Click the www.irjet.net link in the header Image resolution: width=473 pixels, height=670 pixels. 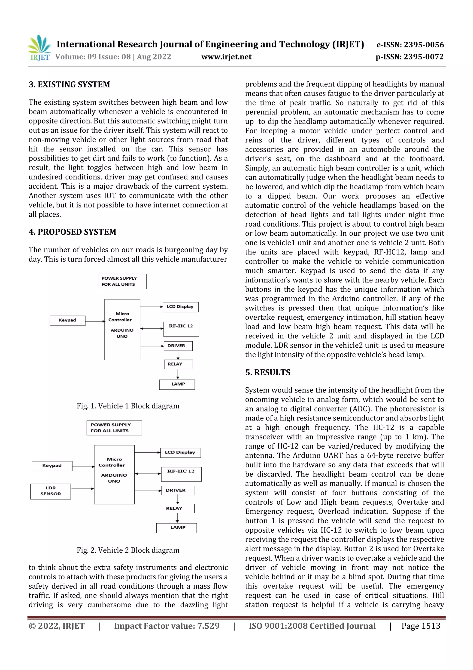click(x=226, y=57)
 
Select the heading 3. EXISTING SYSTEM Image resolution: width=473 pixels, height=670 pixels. click(x=69, y=85)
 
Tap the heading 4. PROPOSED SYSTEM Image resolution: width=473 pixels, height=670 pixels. click(x=72, y=232)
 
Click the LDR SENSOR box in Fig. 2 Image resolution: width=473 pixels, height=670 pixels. click(x=51, y=491)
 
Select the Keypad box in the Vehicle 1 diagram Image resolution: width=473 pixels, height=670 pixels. click(x=67, y=320)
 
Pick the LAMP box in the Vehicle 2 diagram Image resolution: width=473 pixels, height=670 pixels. click(x=177, y=528)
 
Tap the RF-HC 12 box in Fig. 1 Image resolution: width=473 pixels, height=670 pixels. click(x=181, y=329)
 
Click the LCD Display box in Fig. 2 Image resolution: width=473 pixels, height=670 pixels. click(x=180, y=453)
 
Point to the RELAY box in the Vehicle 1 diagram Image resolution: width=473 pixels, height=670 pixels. click(x=178, y=364)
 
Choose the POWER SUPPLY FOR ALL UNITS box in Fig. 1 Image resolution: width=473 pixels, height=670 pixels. click(x=122, y=281)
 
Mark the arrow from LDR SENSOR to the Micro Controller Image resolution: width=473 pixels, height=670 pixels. click(x=82, y=488)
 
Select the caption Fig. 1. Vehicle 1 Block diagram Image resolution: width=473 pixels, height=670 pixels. click(x=128, y=406)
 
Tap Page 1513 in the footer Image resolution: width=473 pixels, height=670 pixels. click(x=421, y=626)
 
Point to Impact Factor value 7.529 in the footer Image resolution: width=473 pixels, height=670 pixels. click(x=167, y=626)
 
